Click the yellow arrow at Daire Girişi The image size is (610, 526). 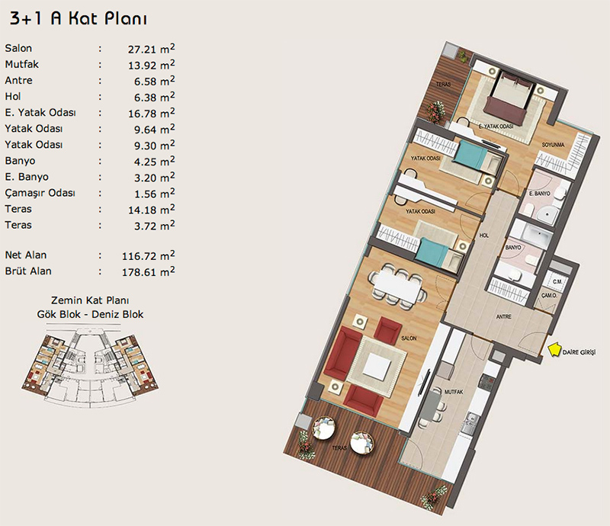(554, 349)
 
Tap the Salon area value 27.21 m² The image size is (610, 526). (151, 49)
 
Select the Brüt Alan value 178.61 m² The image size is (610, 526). (148, 271)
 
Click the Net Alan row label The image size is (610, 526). (26, 255)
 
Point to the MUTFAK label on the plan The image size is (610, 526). (454, 392)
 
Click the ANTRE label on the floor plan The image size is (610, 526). (504, 317)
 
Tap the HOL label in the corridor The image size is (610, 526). (484, 236)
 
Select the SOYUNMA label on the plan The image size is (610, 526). (554, 145)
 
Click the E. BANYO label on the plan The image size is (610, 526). (540, 194)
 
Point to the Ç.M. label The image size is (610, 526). (557, 281)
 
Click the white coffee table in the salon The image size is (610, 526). (377, 367)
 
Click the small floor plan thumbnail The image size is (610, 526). (90, 367)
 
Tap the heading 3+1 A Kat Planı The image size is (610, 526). (79, 18)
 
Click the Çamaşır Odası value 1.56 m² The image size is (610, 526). (155, 193)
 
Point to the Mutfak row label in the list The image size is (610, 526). (22, 64)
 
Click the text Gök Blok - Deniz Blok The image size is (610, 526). (90, 314)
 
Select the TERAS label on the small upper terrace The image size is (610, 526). (443, 84)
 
